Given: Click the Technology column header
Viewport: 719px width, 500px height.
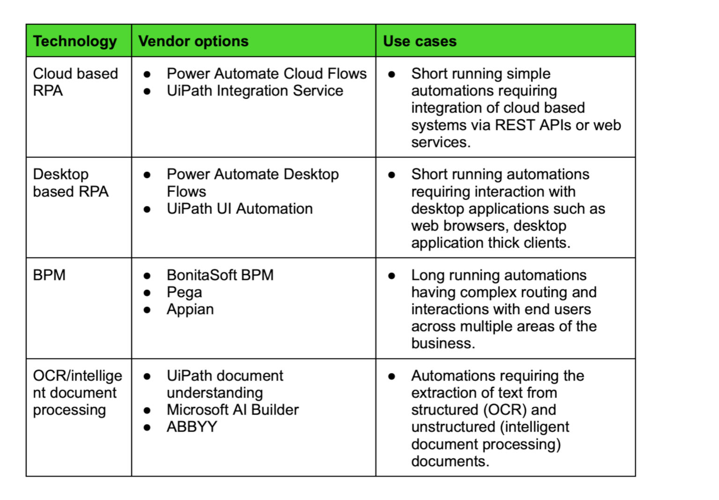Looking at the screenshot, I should pyautogui.click(x=75, y=41).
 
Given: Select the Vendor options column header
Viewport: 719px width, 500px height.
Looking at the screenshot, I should pyautogui.click(x=193, y=41).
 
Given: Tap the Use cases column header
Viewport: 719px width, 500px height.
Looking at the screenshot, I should pyautogui.click(x=419, y=41).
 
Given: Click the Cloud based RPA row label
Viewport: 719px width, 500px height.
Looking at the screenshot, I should pyautogui.click(x=75, y=82).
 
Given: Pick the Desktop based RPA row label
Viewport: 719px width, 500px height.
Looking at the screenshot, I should pyautogui.click(x=70, y=183).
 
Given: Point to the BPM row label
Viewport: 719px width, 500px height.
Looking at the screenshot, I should pyautogui.click(x=49, y=275).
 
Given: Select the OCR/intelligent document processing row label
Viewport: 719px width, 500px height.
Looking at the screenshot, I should pyautogui.click(x=77, y=392).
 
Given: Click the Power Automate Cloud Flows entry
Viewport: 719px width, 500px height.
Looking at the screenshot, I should pyautogui.click(x=266, y=74).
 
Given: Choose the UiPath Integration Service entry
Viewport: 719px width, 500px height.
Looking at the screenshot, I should pyautogui.click(x=255, y=91).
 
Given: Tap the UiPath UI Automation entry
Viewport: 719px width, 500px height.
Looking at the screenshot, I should pyautogui.click(x=240, y=209).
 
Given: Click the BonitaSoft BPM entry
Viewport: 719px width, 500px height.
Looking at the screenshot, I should pyautogui.click(x=220, y=275).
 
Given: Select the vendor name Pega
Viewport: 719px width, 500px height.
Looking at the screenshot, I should pyautogui.click(x=184, y=293).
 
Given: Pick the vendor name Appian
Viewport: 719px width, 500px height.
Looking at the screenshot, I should pyautogui.click(x=190, y=309).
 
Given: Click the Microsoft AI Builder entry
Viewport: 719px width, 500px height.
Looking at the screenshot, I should pyautogui.click(x=233, y=410).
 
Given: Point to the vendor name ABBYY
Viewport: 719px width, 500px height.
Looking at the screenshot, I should pyautogui.click(x=192, y=427).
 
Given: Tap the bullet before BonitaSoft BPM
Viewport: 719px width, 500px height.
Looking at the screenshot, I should pyautogui.click(x=147, y=276).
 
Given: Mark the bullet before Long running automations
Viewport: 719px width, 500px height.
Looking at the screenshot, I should pyautogui.click(x=392, y=276).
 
